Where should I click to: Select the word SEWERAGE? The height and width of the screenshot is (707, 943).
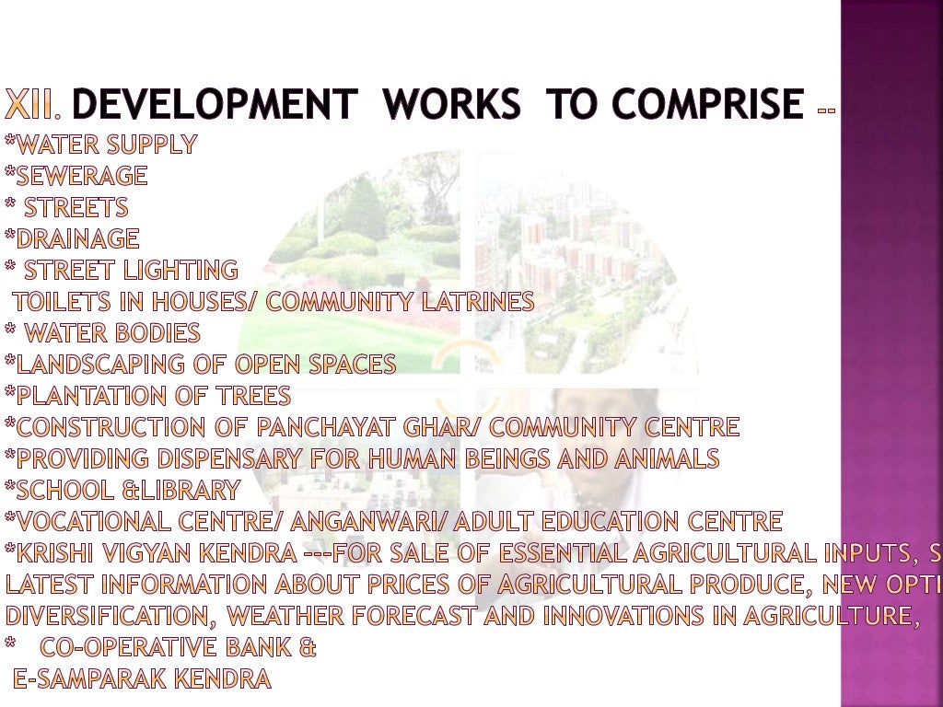[82, 175]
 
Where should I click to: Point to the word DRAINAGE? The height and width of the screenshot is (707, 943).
[77, 238]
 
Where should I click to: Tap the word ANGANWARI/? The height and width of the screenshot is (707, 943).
[370, 522]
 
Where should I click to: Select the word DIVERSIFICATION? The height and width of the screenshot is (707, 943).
[109, 616]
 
